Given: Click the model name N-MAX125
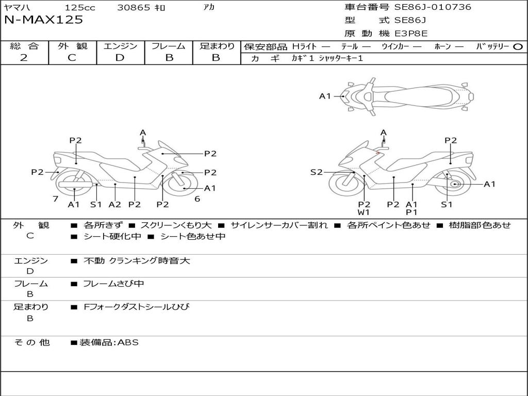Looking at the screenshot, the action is point(43,20).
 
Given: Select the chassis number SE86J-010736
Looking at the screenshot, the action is point(433,7).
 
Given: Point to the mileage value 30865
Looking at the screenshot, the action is point(134,8).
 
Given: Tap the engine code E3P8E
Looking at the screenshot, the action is point(411,34).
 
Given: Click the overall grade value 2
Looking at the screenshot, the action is point(24,58).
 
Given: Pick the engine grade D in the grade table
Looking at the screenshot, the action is point(120,58).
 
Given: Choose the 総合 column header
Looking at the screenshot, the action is point(24,46).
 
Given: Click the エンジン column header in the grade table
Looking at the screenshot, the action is point(120,46).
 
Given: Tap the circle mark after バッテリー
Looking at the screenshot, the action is point(518,47).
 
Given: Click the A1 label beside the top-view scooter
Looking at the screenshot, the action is point(325,96).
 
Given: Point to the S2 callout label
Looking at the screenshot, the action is point(316,172).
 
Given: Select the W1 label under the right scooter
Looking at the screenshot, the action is point(364,212).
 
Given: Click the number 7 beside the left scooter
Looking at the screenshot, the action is point(55,199).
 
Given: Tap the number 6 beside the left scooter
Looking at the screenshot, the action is point(197,199).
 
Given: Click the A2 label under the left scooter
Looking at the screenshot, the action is point(114,204).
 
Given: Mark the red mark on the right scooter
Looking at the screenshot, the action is point(378,153).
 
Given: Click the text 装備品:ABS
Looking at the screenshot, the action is point(109,342).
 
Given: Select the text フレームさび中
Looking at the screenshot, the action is point(114,284).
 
